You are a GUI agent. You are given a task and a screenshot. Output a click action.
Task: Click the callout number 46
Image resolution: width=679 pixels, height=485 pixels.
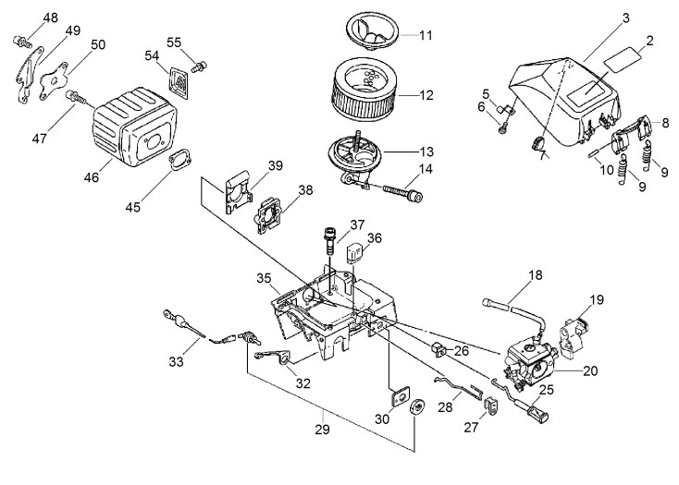click(92, 177)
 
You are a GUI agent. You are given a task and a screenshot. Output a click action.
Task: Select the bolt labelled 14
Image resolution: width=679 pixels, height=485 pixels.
click(402, 193)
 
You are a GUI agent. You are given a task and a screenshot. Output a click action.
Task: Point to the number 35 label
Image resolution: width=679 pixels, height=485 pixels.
click(264, 278)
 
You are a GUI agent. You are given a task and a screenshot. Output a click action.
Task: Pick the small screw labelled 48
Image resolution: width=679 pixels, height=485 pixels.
click(22, 42)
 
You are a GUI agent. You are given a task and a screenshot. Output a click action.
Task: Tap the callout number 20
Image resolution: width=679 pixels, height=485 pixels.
click(590, 370)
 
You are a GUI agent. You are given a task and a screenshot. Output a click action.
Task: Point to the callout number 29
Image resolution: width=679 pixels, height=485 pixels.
click(323, 430)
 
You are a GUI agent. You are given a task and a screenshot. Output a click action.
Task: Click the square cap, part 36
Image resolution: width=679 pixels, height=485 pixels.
click(354, 252)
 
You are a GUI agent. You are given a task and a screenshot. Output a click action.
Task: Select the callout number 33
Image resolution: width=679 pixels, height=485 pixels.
click(177, 361)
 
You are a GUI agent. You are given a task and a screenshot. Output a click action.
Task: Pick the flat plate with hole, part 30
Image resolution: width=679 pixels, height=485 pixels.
click(400, 396)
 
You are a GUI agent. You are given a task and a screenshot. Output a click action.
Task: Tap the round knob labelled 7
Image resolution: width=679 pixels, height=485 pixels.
click(537, 143)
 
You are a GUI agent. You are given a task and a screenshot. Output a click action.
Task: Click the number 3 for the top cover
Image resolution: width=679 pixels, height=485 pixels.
click(625, 18)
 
